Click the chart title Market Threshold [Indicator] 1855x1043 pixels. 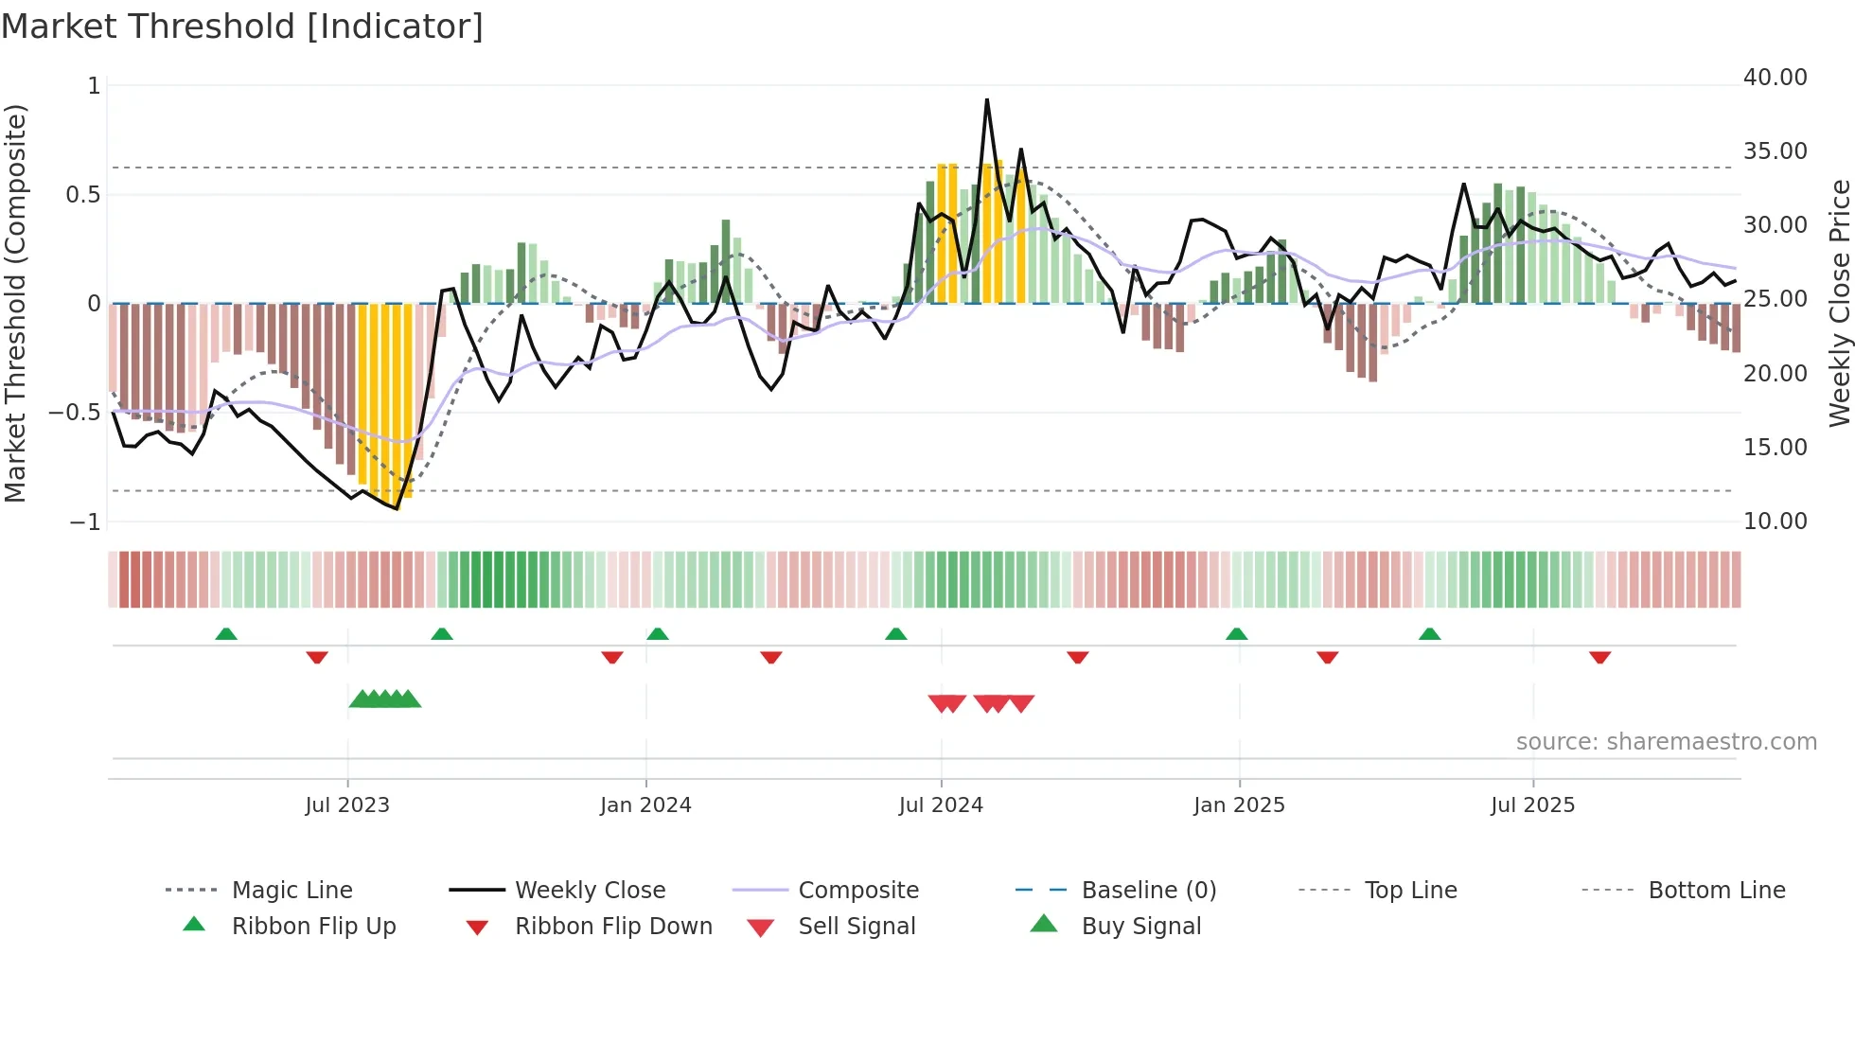242,27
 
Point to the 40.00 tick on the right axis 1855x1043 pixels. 1775,78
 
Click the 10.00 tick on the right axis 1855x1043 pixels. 1775,521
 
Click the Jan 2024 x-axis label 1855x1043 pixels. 645,805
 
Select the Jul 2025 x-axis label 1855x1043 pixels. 1532,805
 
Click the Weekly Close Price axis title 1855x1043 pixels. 1839,303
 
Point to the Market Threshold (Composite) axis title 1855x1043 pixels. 15,303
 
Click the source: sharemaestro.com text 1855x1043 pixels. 1666,742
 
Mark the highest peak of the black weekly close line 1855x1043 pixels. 987,99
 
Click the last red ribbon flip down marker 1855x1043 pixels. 1599,657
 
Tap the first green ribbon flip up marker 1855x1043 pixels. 226,634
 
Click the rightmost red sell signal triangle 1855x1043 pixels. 1021,703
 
